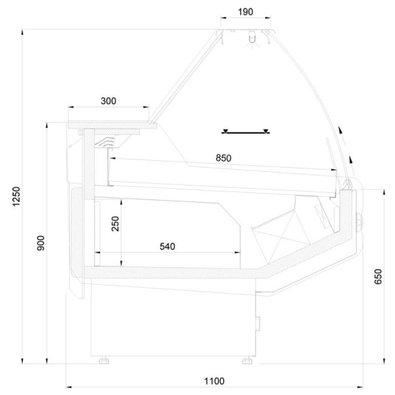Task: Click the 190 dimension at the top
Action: point(246,12)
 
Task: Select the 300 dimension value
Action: point(109,101)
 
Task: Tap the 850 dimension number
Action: point(223,158)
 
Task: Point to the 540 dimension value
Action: point(167,246)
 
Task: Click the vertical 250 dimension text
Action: point(115,224)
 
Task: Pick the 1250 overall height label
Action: point(16,196)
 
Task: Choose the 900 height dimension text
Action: point(41,243)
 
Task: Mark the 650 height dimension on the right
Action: point(378,276)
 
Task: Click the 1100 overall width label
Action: point(214,381)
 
